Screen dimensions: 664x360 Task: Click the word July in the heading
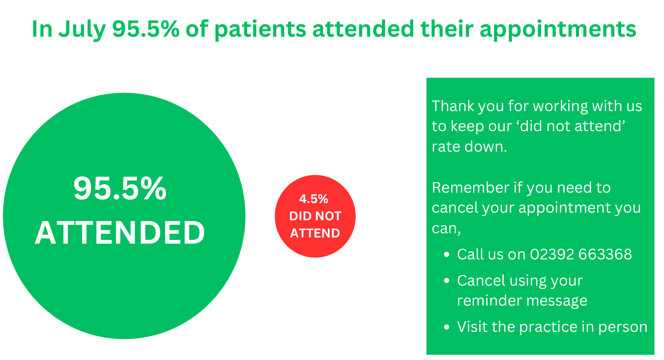(x=82, y=30)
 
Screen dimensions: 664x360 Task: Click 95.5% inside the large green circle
(x=120, y=188)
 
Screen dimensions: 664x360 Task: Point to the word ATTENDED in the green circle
(x=120, y=233)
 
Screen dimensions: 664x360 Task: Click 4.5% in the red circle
(x=313, y=199)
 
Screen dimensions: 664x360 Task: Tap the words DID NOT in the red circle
(x=315, y=216)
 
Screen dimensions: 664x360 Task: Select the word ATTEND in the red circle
(x=315, y=233)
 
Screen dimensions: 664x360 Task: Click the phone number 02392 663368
(x=581, y=254)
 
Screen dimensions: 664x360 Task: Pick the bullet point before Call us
(x=446, y=255)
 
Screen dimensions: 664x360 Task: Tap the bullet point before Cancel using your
(x=446, y=280)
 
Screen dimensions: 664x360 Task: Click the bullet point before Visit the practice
(x=446, y=327)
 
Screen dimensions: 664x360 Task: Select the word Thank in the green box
(x=453, y=106)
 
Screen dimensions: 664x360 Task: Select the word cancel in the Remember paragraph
(x=455, y=208)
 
